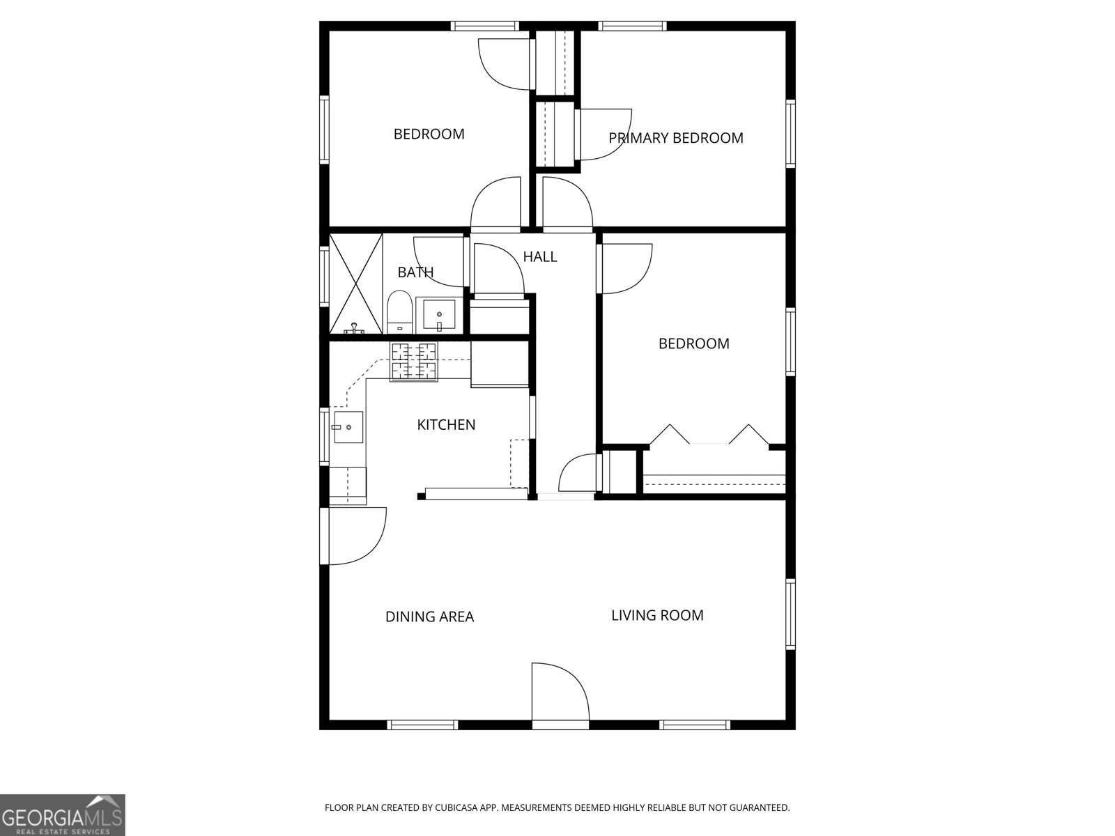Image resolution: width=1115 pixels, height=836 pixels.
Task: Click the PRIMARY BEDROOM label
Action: tap(676, 138)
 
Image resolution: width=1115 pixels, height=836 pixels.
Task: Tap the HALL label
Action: tap(540, 257)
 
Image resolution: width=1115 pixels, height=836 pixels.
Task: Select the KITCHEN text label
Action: tap(446, 425)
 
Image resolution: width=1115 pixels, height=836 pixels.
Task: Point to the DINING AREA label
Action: tap(429, 617)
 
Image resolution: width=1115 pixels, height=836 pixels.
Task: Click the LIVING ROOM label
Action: tap(657, 615)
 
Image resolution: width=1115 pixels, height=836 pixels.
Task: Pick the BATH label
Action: tap(415, 272)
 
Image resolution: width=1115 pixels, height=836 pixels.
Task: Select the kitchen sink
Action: tap(348, 426)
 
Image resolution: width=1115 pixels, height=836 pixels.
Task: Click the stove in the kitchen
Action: tap(414, 362)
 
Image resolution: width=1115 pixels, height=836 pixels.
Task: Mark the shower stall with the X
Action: tap(356, 284)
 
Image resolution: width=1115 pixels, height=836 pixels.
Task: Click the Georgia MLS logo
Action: tap(62, 814)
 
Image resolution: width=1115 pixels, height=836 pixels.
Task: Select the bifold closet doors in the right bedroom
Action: tap(709, 435)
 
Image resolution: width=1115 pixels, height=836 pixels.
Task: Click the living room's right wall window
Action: tap(790, 614)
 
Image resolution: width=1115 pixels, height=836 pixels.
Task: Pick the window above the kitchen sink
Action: tap(324, 436)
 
